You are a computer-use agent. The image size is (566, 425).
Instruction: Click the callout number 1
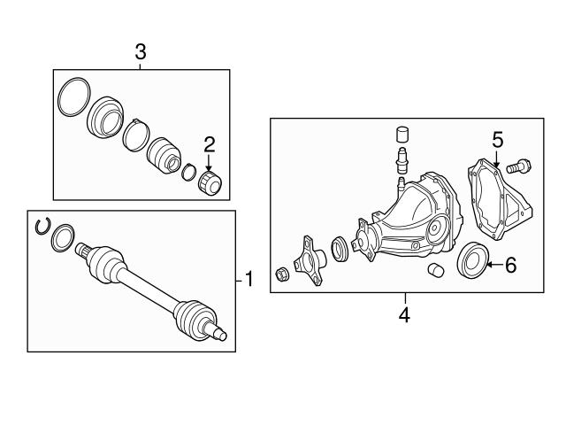pyautogui.click(x=249, y=281)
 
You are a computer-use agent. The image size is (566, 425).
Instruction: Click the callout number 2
pyautogui.click(x=210, y=144)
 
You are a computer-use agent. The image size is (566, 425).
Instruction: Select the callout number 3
pyautogui.click(x=140, y=52)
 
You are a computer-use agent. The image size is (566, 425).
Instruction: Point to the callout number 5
pyautogui.click(x=497, y=140)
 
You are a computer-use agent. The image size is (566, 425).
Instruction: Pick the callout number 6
pyautogui.click(x=510, y=264)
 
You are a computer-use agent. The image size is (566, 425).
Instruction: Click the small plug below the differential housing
pyautogui.click(x=434, y=270)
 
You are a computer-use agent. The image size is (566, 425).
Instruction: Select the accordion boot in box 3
pyautogui.click(x=163, y=156)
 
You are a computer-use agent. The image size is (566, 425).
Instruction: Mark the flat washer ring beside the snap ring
pyautogui.click(x=63, y=237)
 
